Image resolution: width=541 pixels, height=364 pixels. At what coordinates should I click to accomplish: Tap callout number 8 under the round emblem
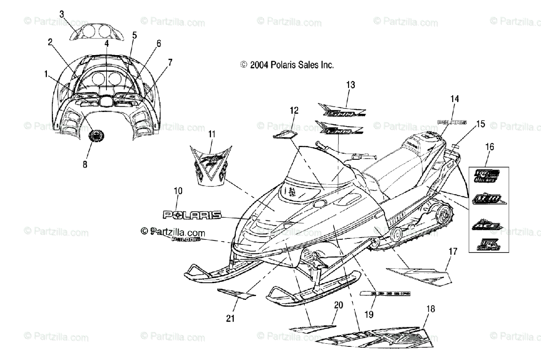(85, 164)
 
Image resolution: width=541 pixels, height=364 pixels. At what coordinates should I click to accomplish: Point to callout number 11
(212, 134)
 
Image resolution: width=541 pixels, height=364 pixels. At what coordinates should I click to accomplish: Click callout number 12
(294, 110)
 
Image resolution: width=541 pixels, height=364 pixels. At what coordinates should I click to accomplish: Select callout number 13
(351, 84)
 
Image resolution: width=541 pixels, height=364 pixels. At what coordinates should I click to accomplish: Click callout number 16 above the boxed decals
(490, 146)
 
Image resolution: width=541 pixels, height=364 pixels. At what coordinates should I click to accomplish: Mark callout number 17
(453, 251)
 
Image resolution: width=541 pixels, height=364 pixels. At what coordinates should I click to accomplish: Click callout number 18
(431, 309)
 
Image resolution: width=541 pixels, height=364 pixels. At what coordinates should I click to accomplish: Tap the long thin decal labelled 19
(384, 294)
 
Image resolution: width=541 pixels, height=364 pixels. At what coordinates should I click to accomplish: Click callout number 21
(231, 318)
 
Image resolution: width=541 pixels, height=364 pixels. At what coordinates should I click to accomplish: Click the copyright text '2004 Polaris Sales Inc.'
(287, 65)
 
